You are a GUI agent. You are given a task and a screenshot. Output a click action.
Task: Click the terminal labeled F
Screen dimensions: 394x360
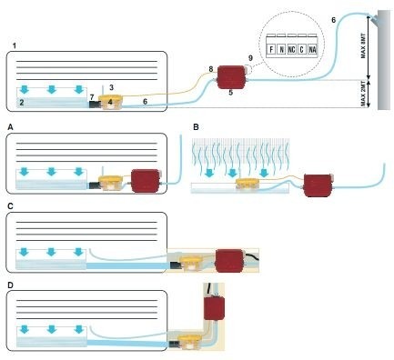point(271,49)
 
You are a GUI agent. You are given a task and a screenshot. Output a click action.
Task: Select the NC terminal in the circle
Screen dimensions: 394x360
point(291,49)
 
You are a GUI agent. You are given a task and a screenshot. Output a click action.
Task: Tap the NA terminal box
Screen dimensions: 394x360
point(312,49)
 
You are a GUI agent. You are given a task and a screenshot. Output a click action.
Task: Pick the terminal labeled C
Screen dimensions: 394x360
point(301,49)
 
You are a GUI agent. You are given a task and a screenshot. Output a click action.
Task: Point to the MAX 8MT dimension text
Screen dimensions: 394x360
point(364,46)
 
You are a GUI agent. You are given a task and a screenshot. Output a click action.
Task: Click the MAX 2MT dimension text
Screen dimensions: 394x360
point(364,95)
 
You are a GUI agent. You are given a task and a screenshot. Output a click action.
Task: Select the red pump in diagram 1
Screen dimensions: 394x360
point(231,77)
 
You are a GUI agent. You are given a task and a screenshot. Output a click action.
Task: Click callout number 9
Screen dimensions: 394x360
point(250,58)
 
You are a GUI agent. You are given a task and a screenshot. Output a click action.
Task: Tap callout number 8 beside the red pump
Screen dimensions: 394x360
point(211,69)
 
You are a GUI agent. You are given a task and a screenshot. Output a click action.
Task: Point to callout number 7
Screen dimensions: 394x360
point(92,97)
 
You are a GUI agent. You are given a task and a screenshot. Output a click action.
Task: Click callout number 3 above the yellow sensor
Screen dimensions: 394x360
point(111,87)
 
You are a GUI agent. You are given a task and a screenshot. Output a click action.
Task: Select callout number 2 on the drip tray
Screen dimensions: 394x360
point(22,103)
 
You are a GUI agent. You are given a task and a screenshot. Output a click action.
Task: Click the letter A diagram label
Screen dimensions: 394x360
point(11,127)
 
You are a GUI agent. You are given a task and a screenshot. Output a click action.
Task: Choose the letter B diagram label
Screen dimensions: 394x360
point(196,127)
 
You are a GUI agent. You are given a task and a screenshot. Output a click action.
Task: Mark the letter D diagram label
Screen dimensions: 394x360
point(11,285)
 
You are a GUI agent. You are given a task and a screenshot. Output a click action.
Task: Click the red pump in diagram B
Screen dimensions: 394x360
point(318,185)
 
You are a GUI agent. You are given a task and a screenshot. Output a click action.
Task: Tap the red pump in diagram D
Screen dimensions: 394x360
point(214,308)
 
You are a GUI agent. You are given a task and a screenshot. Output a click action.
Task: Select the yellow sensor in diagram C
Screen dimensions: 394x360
point(191,263)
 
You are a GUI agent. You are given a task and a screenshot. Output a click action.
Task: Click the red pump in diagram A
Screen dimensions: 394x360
point(145,181)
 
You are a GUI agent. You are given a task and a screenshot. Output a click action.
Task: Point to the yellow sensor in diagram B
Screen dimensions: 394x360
point(248,185)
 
